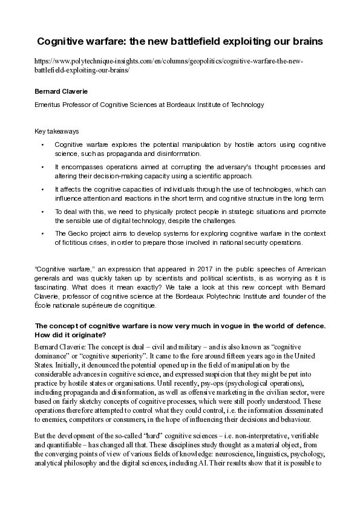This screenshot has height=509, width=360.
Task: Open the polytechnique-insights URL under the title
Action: [169, 66]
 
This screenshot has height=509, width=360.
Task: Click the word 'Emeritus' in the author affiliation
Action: [48, 105]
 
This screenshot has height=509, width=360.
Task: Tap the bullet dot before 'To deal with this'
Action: [42, 212]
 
